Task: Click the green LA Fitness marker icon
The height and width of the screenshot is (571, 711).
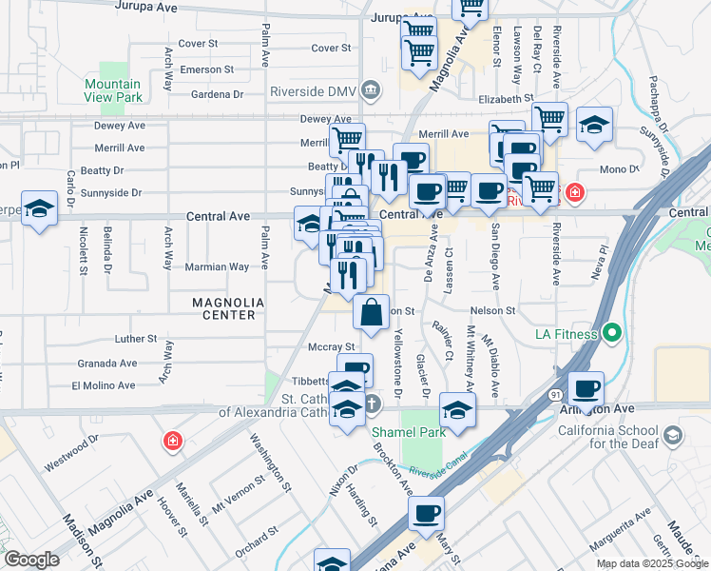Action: click(611, 334)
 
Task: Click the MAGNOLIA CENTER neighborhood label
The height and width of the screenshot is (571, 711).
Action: click(224, 307)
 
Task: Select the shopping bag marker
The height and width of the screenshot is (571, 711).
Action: click(371, 310)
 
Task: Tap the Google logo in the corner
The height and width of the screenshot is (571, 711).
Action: click(31, 560)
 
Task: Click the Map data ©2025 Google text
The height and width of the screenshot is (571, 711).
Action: click(652, 563)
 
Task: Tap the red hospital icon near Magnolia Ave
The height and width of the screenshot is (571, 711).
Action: click(172, 441)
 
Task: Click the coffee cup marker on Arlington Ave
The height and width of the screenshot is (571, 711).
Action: click(586, 387)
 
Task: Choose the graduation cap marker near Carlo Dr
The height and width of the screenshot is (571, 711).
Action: click(40, 207)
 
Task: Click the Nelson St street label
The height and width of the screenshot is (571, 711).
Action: click(492, 310)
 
